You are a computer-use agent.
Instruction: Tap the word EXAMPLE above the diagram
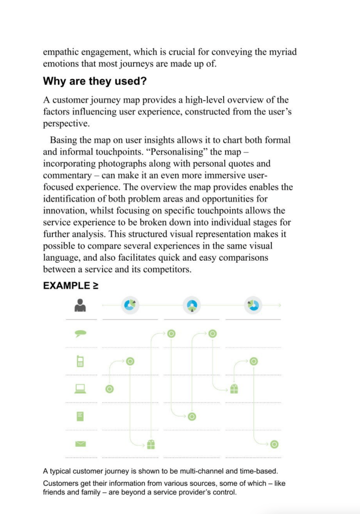pos(64,286)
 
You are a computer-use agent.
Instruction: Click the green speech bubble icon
pos(80,334)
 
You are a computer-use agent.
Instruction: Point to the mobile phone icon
pos(80,361)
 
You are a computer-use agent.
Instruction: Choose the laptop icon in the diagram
pos(80,388)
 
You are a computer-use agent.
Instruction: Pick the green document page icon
pos(80,416)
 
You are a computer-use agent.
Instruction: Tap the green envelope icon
pos(80,444)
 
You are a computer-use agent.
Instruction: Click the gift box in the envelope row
pos(151,444)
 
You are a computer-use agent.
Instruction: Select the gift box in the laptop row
pos(233,388)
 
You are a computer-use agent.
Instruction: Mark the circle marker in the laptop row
pos(110,388)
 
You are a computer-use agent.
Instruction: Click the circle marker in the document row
pos(192,416)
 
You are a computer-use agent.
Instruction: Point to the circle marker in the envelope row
pos(274,444)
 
